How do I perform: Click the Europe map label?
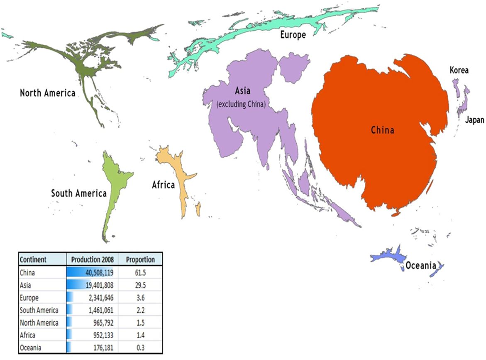click(x=293, y=35)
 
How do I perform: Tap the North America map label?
click(x=48, y=93)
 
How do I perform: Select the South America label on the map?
click(x=79, y=193)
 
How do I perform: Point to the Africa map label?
click(x=163, y=185)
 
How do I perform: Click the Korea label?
click(x=459, y=70)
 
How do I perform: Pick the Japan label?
click(x=474, y=120)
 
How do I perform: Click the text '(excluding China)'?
click(x=241, y=104)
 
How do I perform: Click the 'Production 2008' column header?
click(x=92, y=260)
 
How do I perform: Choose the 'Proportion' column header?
click(x=140, y=260)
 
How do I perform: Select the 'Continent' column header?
click(x=33, y=260)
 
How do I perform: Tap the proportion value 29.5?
click(x=140, y=285)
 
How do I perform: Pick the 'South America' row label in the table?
click(x=39, y=310)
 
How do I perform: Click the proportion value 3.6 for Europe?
click(x=140, y=298)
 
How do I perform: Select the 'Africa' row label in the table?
click(x=27, y=335)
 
